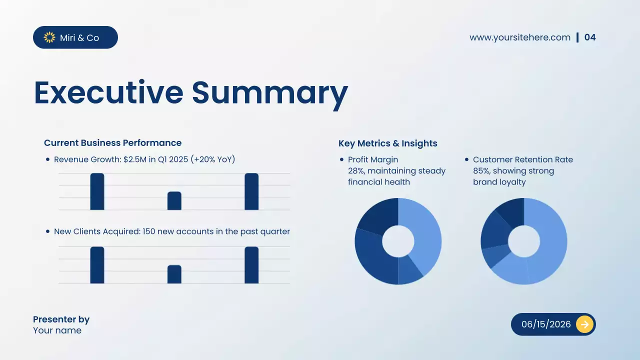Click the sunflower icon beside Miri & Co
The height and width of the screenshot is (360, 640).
(x=49, y=37)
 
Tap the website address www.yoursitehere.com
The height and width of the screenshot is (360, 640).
(x=519, y=37)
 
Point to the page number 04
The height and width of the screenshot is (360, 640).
(x=590, y=37)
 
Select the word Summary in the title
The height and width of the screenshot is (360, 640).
(x=269, y=93)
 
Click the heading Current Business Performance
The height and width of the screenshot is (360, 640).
(x=112, y=143)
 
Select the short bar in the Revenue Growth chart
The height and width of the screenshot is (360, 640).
(x=174, y=201)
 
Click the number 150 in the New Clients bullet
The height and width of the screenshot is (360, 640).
(x=149, y=231)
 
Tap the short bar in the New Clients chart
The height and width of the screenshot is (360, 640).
(x=174, y=274)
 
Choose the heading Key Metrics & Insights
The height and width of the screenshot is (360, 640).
(x=387, y=143)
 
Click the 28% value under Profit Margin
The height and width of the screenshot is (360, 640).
(x=356, y=171)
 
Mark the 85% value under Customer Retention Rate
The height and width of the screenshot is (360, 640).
(x=481, y=171)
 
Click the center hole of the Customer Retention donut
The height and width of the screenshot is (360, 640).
(x=523, y=241)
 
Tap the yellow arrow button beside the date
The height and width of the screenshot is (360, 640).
(x=584, y=324)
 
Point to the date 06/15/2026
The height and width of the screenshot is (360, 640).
(x=546, y=324)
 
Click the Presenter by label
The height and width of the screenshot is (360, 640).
(x=61, y=319)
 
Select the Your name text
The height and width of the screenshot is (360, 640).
(x=57, y=330)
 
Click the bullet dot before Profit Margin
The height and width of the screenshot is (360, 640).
(x=342, y=160)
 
